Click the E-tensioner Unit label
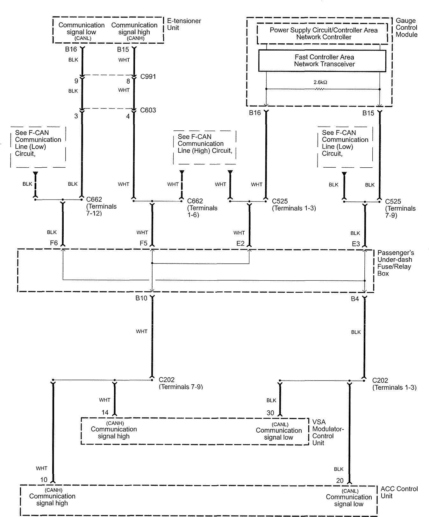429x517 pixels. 184,24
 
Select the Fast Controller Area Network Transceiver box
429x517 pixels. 322,60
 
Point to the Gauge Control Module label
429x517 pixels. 406,28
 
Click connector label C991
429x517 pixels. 148,76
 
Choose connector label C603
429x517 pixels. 148,110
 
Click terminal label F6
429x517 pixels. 54,243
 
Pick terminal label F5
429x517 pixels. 143,243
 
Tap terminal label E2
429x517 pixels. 240,243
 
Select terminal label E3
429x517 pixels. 356,244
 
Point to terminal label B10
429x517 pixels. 141,298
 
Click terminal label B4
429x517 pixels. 355,299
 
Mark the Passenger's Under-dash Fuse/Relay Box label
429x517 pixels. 396,263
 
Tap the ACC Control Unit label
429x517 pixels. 399,492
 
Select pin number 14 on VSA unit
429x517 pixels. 105,412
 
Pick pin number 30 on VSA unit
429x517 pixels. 270,413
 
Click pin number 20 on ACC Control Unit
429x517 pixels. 340,481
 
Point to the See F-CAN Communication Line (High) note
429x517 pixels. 204,143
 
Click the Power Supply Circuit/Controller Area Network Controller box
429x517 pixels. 323,33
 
